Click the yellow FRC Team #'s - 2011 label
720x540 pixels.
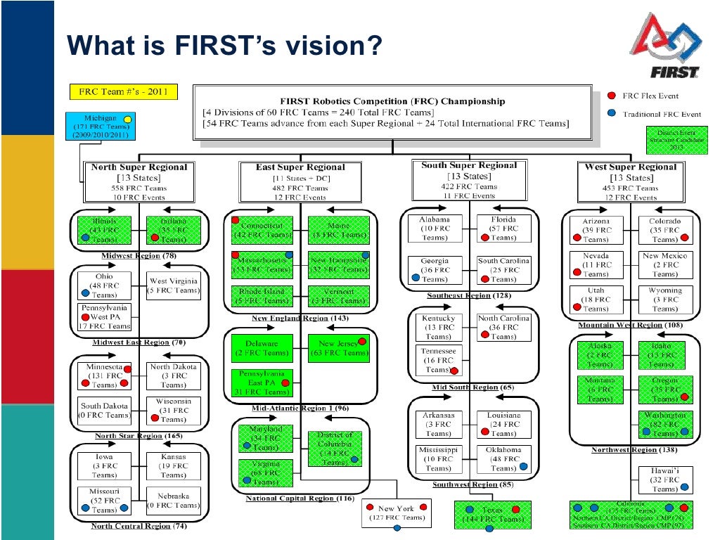coord(122,92)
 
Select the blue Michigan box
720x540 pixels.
coord(101,127)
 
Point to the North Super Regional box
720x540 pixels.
coord(139,182)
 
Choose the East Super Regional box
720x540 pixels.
coord(300,182)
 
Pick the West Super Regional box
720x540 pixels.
coord(630,182)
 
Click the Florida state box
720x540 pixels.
coord(503,229)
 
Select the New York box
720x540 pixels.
coord(397,513)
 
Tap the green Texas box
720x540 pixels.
coord(492,513)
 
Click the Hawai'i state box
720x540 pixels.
coord(664,480)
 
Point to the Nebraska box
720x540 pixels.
coord(173,500)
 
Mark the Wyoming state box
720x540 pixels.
coord(665,300)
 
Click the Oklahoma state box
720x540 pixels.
coord(503,458)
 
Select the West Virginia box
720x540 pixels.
coord(173,285)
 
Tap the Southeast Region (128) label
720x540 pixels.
coord(468,295)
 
